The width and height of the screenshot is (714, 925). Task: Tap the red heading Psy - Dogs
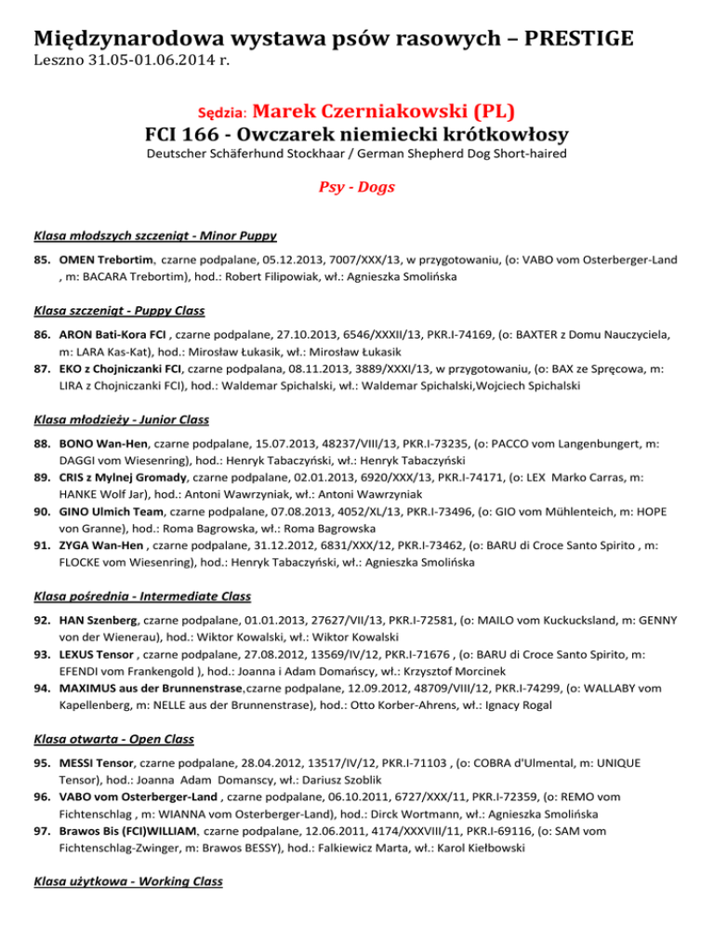(x=357, y=187)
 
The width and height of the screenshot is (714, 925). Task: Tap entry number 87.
(x=42, y=368)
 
